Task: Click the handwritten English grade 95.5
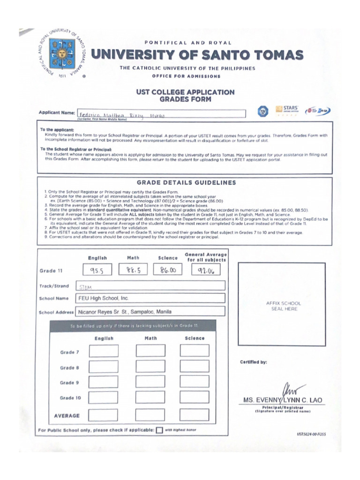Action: (97, 270)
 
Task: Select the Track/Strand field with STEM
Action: (150, 285)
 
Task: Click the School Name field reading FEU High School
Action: (150, 298)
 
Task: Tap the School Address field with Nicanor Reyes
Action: (150, 311)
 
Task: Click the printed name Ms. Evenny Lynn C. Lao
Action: (283, 400)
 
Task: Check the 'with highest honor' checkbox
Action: (159, 430)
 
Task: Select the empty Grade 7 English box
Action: (104, 351)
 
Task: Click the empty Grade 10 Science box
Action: (195, 397)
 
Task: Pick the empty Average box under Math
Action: (150, 415)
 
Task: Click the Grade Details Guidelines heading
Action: (186, 183)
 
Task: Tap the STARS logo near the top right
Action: (286, 110)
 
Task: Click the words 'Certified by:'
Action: (254, 362)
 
